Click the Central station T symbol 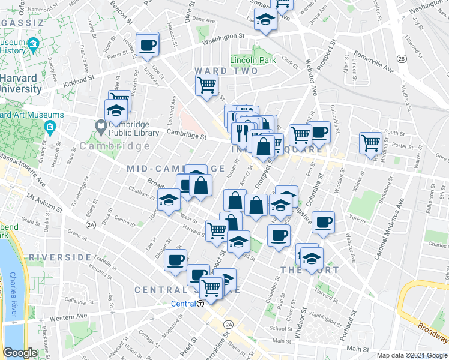pos(201,304)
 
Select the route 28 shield pos(400,58)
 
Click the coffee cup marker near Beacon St pos(147,44)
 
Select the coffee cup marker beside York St pos(323,223)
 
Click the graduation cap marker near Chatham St pos(169,200)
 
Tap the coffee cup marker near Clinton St pos(176,260)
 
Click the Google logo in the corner pos(21,352)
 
